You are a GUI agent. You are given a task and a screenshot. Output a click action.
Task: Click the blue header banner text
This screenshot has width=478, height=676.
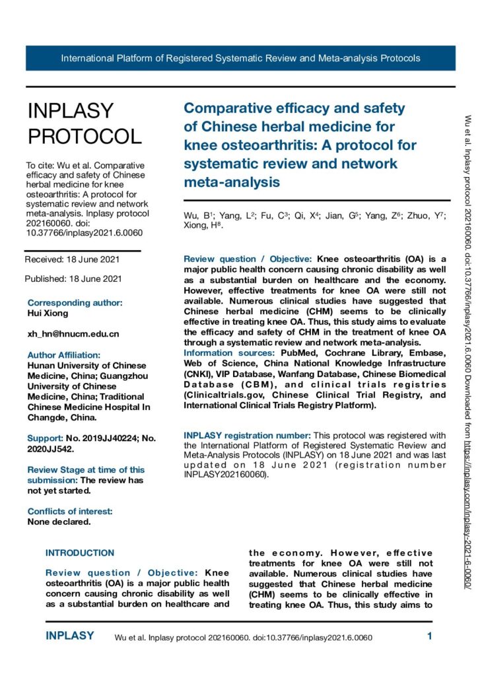pos(240,58)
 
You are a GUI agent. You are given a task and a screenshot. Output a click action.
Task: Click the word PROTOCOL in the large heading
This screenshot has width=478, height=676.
pos(84,136)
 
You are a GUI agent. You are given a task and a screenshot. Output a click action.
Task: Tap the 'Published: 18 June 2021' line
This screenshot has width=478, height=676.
pos(73,279)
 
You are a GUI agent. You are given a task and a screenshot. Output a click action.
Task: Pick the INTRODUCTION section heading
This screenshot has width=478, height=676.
pos(79,553)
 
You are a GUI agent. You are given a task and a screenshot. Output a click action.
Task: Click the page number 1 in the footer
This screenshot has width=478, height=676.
pos(429,637)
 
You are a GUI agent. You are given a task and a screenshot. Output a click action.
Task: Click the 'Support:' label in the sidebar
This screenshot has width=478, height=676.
pos(44,438)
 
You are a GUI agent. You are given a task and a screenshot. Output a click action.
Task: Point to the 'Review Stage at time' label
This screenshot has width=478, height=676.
pos(86,470)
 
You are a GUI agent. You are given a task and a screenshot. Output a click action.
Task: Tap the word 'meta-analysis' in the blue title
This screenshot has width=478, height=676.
pos(231,181)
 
